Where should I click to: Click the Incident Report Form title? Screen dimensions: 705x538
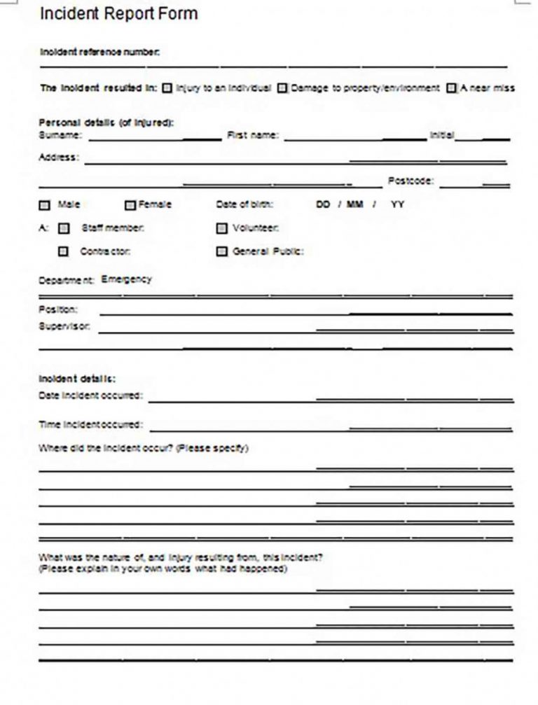pyautogui.click(x=118, y=13)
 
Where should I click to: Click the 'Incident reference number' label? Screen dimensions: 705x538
pyautogui.click(x=99, y=51)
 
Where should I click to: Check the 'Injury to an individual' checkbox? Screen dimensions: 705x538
pyautogui.click(x=167, y=88)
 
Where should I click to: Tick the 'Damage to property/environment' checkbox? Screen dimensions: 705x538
pyautogui.click(x=282, y=88)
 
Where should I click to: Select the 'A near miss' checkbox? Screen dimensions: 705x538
pyautogui.click(x=452, y=88)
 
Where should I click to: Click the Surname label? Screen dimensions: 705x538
pyautogui.click(x=60, y=134)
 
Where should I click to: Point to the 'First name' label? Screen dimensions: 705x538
pyautogui.click(x=252, y=134)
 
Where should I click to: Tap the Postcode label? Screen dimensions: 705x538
pyautogui.click(x=411, y=181)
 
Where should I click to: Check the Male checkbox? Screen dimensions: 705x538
pyautogui.click(x=44, y=206)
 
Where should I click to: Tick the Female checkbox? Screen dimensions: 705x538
pyautogui.click(x=130, y=206)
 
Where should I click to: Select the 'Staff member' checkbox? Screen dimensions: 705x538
pyautogui.click(x=64, y=228)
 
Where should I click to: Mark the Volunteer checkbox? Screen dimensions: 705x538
pyautogui.click(x=222, y=228)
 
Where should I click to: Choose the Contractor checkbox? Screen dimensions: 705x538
pyautogui.click(x=64, y=252)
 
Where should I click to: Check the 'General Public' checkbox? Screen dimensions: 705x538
pyautogui.click(x=222, y=252)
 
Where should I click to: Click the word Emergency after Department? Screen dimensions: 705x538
pyautogui.click(x=126, y=279)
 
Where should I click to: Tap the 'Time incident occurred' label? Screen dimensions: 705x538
pyautogui.click(x=90, y=424)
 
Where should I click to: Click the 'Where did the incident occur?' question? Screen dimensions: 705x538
pyautogui.click(x=143, y=448)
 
